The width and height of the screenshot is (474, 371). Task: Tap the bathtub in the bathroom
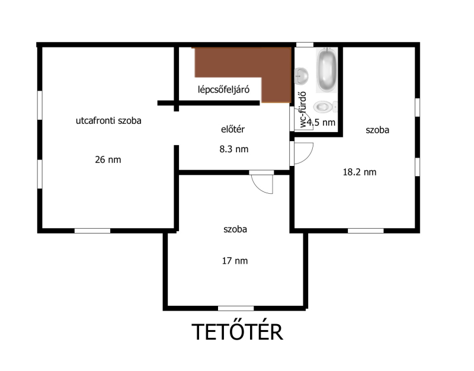pyautogui.click(x=327, y=69)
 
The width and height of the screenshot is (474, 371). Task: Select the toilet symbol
pyautogui.click(x=325, y=107)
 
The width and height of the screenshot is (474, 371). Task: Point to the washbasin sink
pyautogui.click(x=301, y=76)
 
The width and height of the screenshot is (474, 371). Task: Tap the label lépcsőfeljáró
pyautogui.click(x=224, y=89)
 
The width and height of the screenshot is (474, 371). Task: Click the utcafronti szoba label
pyautogui.click(x=108, y=121)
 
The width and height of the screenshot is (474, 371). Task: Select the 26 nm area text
pyautogui.click(x=108, y=159)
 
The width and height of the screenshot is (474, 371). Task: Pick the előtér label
pyautogui.click(x=233, y=129)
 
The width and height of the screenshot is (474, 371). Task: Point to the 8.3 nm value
pyautogui.click(x=234, y=149)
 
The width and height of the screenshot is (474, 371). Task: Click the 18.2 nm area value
pyautogui.click(x=360, y=172)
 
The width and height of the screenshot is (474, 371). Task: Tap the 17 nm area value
pyautogui.click(x=235, y=261)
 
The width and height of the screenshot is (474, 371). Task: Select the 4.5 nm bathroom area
pyautogui.click(x=321, y=123)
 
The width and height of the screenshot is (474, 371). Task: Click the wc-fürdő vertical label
pyautogui.click(x=303, y=110)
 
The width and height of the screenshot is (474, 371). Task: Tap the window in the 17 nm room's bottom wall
pyautogui.click(x=236, y=308)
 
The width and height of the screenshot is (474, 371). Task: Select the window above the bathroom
pyautogui.click(x=305, y=45)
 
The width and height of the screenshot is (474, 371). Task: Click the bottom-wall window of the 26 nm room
pyautogui.click(x=92, y=231)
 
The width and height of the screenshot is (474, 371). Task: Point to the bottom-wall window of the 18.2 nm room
pyautogui.click(x=366, y=231)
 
